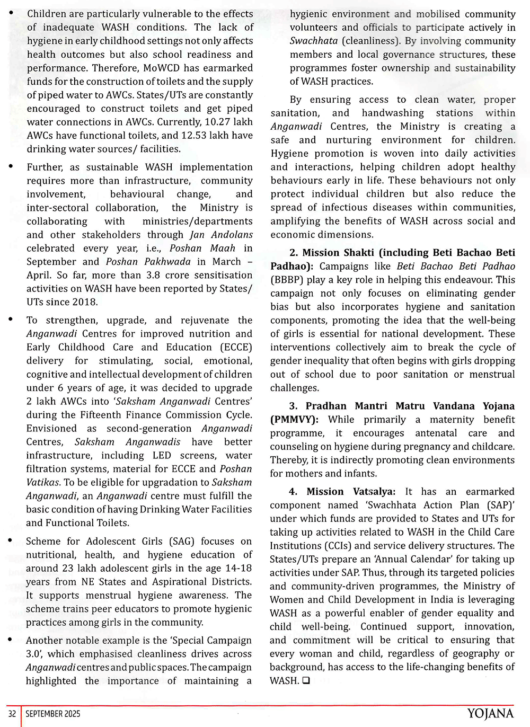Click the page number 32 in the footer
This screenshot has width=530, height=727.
tap(12, 714)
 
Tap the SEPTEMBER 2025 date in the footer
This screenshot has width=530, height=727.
tap(53, 714)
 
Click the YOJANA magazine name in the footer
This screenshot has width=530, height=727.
tap(490, 714)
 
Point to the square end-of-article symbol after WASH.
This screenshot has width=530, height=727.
tap(306, 681)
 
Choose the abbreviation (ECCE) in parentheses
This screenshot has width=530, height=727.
tap(236, 347)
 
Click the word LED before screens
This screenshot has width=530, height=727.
tap(162, 455)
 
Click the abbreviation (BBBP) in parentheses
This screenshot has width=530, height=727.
tap(288, 280)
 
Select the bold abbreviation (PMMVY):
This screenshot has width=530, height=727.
tap(295, 420)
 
